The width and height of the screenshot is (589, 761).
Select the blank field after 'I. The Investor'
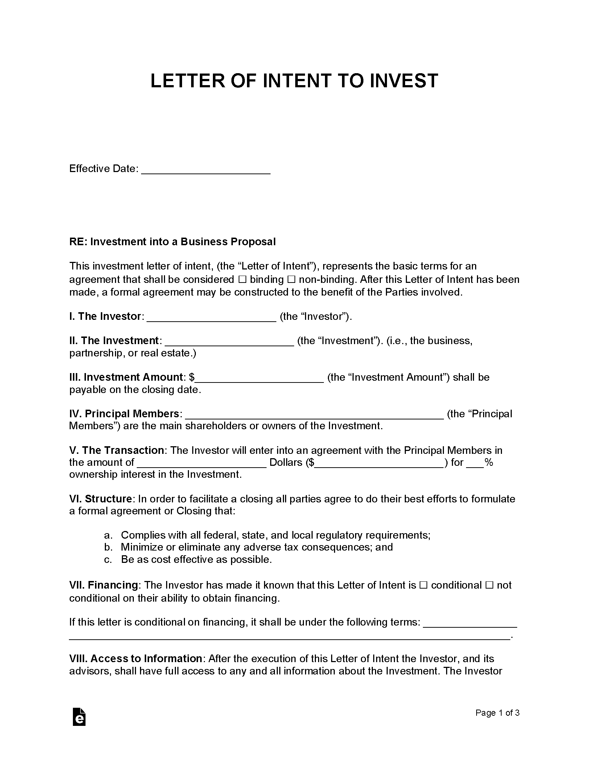pos(212,317)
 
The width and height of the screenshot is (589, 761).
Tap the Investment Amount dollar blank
pos(259,378)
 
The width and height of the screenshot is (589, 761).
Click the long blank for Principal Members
pos(314,414)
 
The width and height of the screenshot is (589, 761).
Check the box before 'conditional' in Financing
pos(423,585)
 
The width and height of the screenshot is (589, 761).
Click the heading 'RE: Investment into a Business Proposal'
pos(172,242)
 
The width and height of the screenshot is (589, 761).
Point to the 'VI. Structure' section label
pos(100,499)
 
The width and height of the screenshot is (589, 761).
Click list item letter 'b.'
pos(107,547)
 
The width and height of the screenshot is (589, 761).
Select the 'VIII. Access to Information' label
pos(136,658)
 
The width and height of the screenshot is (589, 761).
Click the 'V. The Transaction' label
pos(116,451)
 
